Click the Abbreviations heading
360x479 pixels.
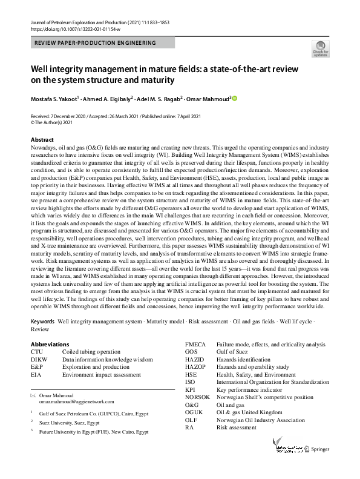(x=50, y=344)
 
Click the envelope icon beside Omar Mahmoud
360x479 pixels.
(x=33, y=394)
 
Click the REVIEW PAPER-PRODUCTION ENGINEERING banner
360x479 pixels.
(x=95, y=43)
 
